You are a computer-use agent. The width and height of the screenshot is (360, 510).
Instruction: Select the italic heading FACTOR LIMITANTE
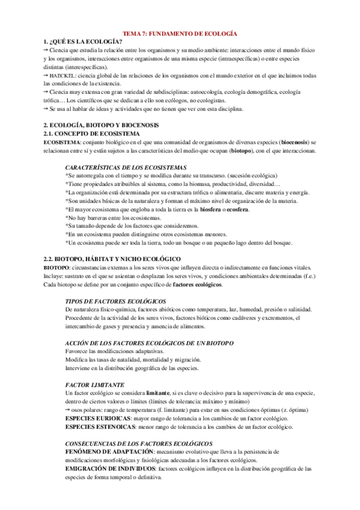pos(94,384)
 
